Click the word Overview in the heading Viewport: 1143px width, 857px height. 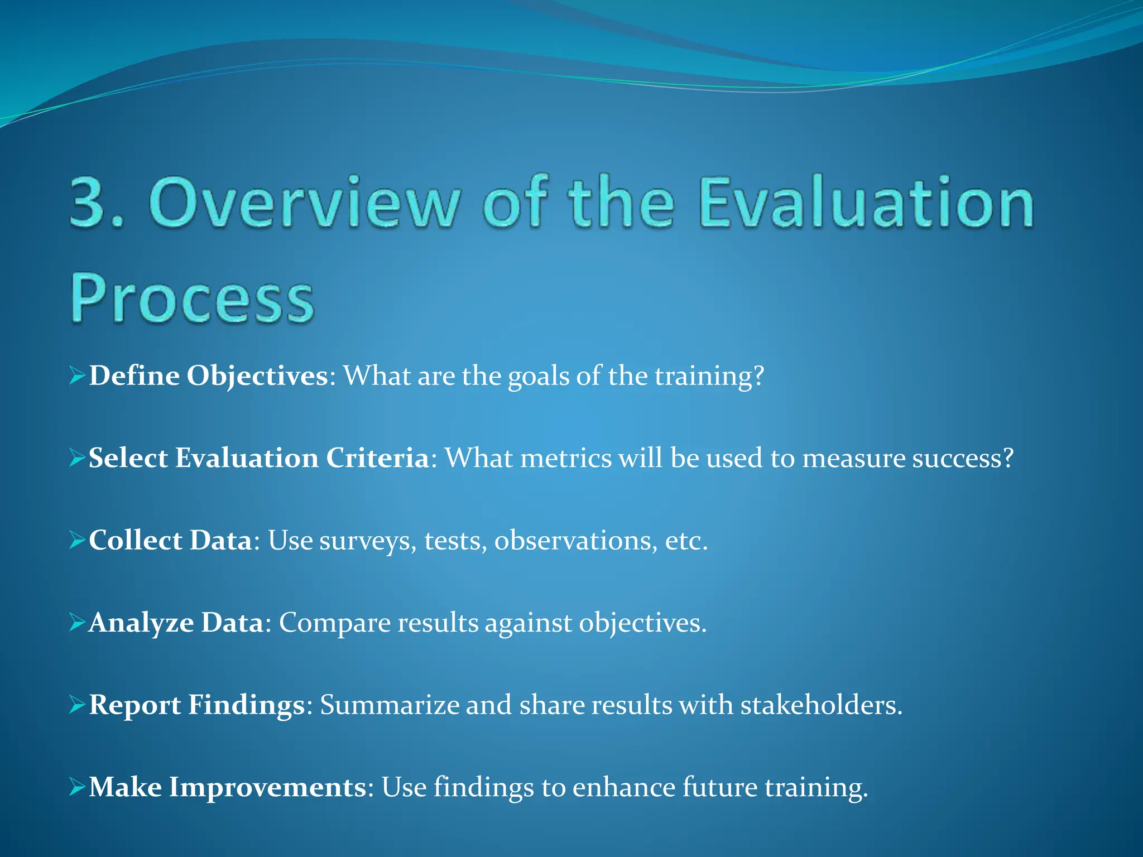[305, 202]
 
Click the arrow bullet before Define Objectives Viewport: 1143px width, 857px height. [77, 375]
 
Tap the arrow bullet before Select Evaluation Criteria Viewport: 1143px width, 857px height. [77, 458]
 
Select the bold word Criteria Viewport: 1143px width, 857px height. [377, 458]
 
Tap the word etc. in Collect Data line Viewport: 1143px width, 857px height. [686, 540]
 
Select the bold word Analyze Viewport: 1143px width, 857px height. [141, 623]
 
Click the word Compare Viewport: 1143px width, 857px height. [334, 623]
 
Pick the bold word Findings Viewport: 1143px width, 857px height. [246, 705]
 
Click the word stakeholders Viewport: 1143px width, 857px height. [820, 705]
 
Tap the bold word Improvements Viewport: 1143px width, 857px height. [267, 787]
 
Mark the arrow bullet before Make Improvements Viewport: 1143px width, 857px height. [77, 787]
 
